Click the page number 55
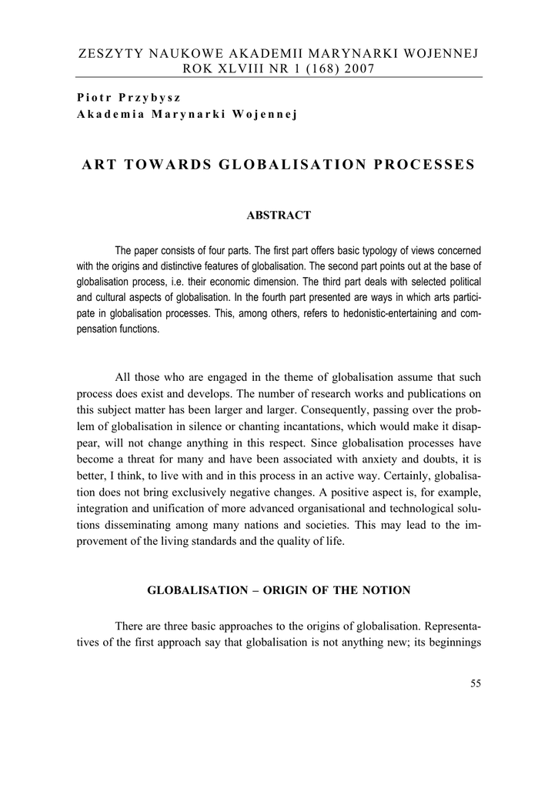tap(475, 683)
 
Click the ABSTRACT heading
tap(279, 215)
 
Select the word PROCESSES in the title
tap(426, 165)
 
